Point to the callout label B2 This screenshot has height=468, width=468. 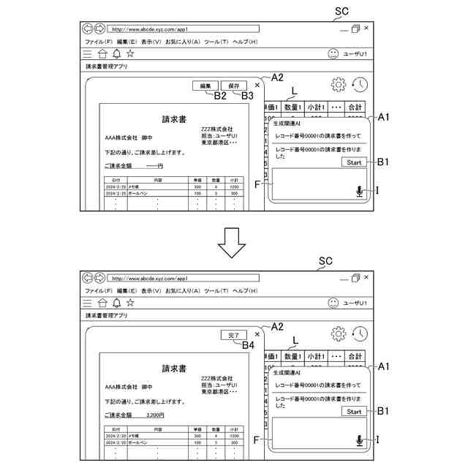click(221, 95)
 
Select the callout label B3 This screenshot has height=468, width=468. click(247, 95)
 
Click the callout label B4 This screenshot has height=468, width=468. click(248, 344)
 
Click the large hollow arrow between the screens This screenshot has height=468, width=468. click(233, 241)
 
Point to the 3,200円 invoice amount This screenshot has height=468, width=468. click(154, 415)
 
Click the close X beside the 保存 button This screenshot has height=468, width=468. click(257, 85)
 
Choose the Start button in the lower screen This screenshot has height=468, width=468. click(354, 412)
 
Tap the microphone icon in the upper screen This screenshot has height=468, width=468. click(358, 192)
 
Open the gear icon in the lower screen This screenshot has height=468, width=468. click(339, 333)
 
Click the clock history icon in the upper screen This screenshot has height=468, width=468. click(359, 86)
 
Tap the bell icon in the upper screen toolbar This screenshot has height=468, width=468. click(116, 53)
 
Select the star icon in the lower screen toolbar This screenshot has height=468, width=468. click(130, 302)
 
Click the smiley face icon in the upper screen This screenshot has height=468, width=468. click(333, 53)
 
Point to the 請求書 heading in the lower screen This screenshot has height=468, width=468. click(174, 368)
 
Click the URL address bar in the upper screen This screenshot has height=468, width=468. click(184, 29)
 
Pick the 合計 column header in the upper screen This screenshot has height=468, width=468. click(355, 107)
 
